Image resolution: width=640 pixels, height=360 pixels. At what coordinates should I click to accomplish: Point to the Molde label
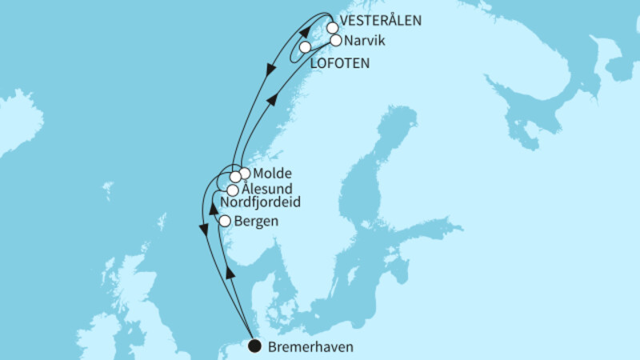[x=270, y=173]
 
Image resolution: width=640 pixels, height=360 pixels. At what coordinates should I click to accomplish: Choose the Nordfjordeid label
[x=261, y=204]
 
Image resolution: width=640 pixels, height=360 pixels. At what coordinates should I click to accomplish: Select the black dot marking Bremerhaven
[x=254, y=346]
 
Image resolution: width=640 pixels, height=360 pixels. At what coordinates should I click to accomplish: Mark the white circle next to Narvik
[x=336, y=40]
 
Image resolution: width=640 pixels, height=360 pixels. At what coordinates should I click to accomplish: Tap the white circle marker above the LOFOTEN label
[x=305, y=47]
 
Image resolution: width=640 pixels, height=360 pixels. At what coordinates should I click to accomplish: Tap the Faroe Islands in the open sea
[x=107, y=190]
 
